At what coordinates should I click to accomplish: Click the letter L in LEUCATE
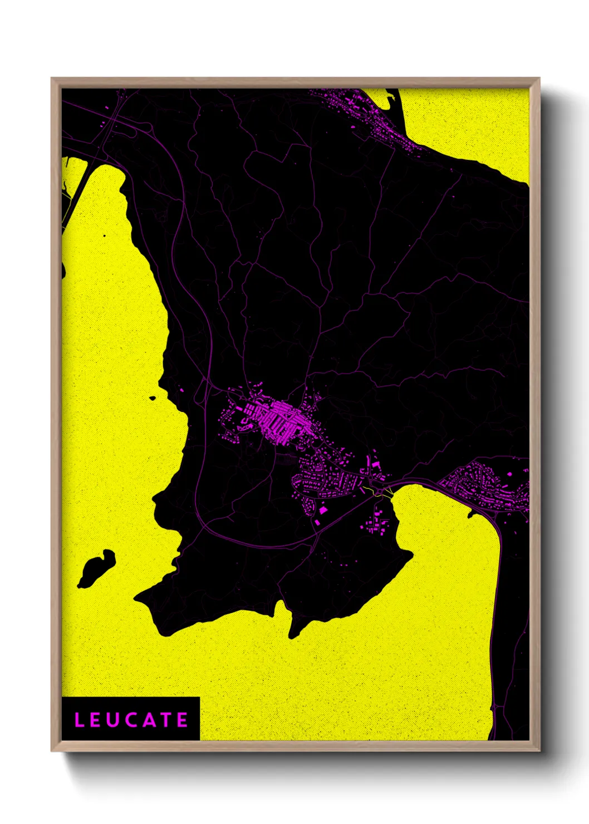[79, 720]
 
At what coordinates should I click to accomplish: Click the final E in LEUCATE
[183, 720]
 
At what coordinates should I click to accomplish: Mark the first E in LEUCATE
[95, 720]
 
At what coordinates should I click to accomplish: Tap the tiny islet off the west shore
[153, 398]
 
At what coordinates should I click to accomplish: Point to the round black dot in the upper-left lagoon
[104, 236]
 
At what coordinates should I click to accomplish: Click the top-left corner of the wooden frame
[52, 79]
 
